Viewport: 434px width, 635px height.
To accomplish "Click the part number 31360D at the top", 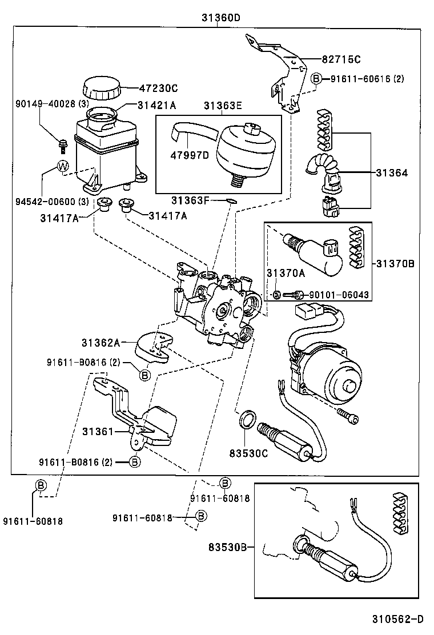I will tap(220, 18).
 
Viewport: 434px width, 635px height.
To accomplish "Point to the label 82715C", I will tap(341, 59).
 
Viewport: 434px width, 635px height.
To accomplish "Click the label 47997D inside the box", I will tap(188, 155).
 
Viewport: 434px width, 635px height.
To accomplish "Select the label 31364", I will tap(391, 172).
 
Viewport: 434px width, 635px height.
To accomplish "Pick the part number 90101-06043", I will tap(339, 295).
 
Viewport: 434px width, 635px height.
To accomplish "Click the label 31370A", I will tap(286, 273).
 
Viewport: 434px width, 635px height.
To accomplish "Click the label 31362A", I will tap(101, 343).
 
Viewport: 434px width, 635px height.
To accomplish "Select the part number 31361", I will tap(98, 431).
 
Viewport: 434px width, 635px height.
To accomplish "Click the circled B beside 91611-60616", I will tap(317, 79).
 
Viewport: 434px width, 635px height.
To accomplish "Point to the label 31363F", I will tap(191, 200).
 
